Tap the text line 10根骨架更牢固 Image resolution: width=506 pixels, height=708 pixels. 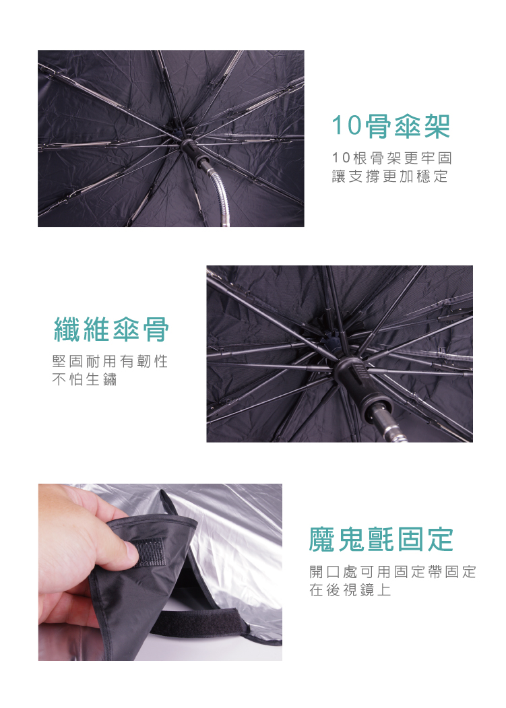pos(391,158)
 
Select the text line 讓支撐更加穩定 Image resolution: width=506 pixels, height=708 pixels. pos(390,176)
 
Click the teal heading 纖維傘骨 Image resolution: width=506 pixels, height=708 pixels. pos(111,329)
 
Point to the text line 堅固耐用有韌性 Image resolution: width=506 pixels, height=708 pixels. pos(110,361)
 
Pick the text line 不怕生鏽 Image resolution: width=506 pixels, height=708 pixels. pos(84,379)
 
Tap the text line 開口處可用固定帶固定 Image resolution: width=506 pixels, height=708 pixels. pos(393,572)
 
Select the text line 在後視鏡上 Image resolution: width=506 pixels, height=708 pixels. pos(350,589)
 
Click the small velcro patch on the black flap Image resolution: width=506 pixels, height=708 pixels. pos(149,552)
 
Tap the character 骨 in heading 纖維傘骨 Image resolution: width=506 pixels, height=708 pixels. pos(156,329)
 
